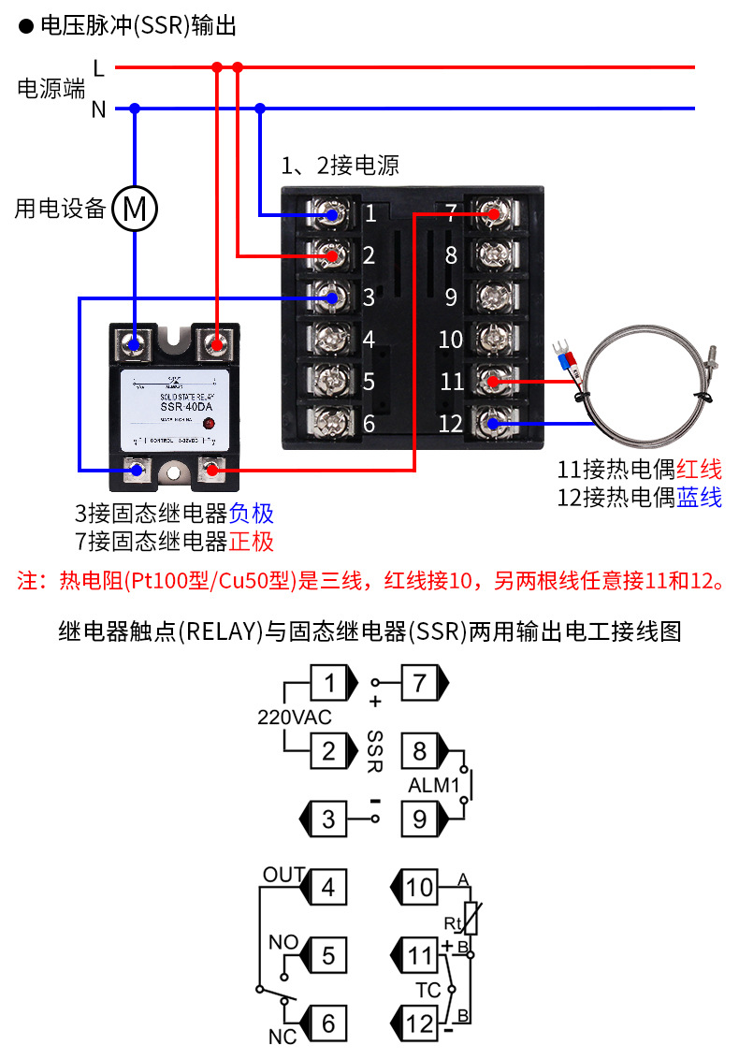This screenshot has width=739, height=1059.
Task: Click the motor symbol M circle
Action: tap(136, 210)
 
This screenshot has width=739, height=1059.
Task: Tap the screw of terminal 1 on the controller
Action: tap(330, 214)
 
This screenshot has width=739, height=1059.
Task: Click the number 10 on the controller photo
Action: tap(451, 339)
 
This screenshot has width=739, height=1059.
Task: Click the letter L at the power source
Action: tap(99, 67)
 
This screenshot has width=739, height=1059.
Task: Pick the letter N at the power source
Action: tap(99, 109)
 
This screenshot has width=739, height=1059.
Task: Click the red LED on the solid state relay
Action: tap(209, 423)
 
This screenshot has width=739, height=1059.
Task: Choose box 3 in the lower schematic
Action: tap(327, 819)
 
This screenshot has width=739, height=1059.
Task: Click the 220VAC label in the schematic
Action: tap(294, 718)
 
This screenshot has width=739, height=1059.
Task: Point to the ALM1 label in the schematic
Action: tap(432, 786)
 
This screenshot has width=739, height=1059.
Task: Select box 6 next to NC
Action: tap(327, 1023)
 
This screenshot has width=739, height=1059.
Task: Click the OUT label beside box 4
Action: tap(283, 875)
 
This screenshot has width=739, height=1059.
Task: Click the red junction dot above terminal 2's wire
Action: tap(238, 67)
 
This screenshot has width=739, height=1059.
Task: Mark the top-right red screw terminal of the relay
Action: tap(217, 343)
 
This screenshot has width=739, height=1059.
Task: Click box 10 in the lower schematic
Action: tap(420, 886)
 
